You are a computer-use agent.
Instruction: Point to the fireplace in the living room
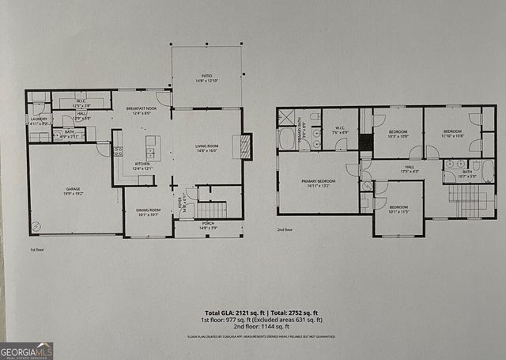tap(247, 146)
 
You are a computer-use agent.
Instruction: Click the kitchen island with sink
tap(153, 147)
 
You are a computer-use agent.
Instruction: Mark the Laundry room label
tap(39, 121)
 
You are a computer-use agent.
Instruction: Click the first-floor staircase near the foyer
tap(211, 209)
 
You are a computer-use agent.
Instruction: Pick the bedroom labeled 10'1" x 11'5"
tap(398, 210)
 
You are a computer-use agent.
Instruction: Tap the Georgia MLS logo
tap(27, 351)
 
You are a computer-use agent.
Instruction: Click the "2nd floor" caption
tap(285, 229)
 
